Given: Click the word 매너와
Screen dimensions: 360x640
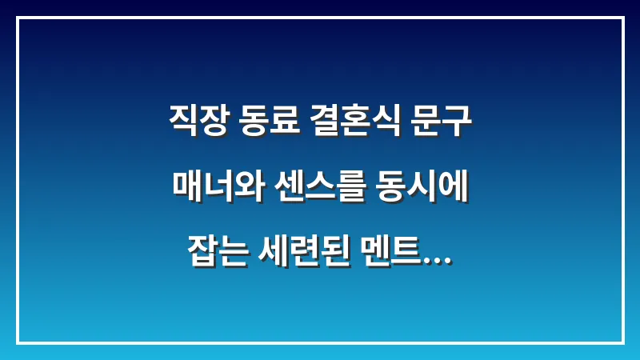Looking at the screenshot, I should [210, 190].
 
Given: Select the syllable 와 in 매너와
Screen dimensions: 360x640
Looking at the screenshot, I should [240, 190].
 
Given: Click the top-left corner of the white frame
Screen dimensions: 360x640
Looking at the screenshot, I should [18, 18].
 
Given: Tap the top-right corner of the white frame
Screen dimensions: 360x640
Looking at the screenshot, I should [622, 18].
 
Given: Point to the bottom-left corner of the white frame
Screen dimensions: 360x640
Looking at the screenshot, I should [18, 342].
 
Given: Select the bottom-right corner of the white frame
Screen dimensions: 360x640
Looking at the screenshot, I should [622, 342].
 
